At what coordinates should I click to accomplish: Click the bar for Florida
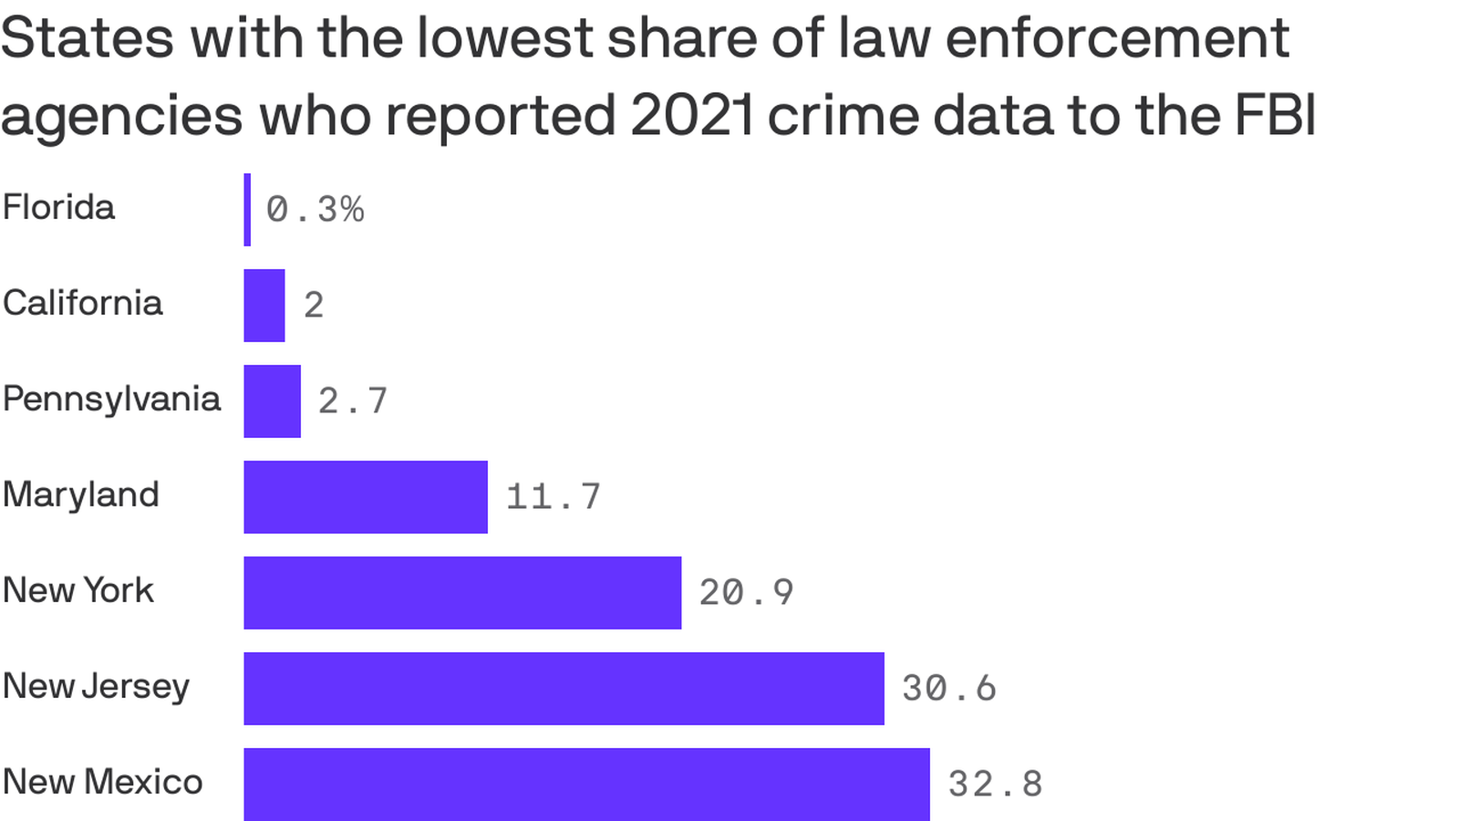(247, 210)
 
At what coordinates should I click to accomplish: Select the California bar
(264, 306)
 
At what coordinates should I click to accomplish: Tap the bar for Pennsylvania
(272, 401)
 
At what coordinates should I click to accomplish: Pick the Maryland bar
(366, 497)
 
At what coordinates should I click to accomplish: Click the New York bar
(462, 593)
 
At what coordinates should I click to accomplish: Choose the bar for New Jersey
(564, 689)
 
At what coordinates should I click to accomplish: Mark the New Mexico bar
(586, 785)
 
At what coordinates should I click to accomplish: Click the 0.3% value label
(315, 210)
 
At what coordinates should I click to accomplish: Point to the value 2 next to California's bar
(314, 306)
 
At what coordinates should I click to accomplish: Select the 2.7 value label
(353, 401)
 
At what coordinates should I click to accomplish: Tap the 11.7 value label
(554, 497)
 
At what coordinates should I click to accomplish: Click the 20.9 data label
(747, 593)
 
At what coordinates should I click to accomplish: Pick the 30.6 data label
(949, 689)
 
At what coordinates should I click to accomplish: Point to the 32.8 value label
(995, 785)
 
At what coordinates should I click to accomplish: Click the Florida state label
(58, 207)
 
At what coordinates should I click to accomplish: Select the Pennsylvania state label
(111, 399)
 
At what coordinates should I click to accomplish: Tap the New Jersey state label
(96, 686)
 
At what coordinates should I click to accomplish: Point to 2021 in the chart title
(690, 115)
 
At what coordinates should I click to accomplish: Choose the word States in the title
(88, 38)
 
